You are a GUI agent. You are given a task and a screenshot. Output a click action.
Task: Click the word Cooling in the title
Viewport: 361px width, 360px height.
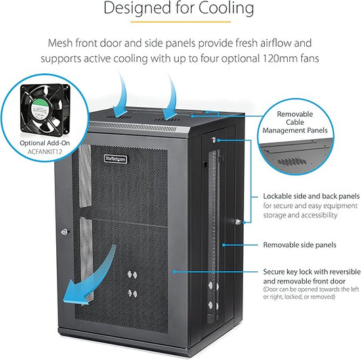226,9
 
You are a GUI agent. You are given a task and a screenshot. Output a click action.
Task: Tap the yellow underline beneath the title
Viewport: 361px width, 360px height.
181,22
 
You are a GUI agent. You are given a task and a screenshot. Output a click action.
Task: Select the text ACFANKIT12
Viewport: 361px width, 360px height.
45,152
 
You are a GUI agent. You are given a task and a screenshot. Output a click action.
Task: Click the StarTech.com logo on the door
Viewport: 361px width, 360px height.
116,159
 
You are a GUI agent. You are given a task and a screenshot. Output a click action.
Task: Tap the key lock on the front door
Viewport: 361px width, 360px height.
65,231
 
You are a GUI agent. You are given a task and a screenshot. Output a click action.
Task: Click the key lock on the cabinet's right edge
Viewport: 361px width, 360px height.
238,222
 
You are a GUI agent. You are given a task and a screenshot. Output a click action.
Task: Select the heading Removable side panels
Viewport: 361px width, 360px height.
299,245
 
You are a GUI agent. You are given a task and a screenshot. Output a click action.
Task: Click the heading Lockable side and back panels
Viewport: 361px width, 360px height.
312,196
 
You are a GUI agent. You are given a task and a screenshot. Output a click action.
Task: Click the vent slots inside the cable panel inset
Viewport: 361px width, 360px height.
292,161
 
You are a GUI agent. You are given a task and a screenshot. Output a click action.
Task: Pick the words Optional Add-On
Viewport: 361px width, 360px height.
45,143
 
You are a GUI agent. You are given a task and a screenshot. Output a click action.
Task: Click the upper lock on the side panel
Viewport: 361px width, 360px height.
214,140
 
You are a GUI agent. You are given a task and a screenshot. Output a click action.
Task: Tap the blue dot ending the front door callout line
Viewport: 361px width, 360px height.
174,272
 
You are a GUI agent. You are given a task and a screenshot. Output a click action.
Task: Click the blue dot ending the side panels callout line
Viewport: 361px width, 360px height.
224,245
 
